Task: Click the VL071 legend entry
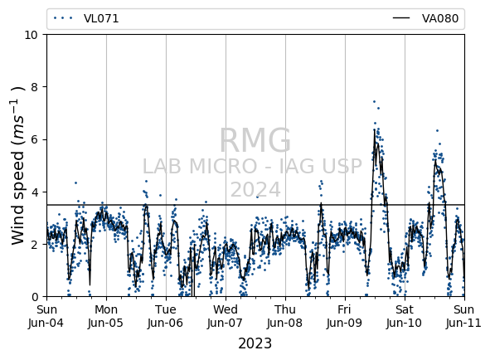click(x=85, y=18)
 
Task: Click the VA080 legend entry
click(x=425, y=18)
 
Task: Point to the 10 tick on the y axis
click(x=31, y=35)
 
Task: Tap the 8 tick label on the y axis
click(x=34, y=87)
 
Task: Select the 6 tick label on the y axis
click(x=34, y=139)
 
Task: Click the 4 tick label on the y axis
click(x=34, y=192)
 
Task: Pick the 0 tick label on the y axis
click(x=34, y=297)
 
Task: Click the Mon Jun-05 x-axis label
click(x=106, y=316)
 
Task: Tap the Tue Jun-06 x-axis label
click(x=166, y=316)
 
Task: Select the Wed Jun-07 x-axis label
click(x=226, y=316)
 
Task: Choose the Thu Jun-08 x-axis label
click(x=285, y=316)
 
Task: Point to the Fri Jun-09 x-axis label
click(x=345, y=316)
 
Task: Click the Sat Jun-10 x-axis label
click(x=405, y=316)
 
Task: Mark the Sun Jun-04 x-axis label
click(x=46, y=316)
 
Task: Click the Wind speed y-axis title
click(x=17, y=166)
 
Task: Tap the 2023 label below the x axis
click(x=255, y=343)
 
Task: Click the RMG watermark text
click(x=255, y=140)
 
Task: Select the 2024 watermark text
click(x=255, y=190)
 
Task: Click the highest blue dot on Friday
click(x=374, y=102)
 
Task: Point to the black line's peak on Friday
click(x=375, y=129)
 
